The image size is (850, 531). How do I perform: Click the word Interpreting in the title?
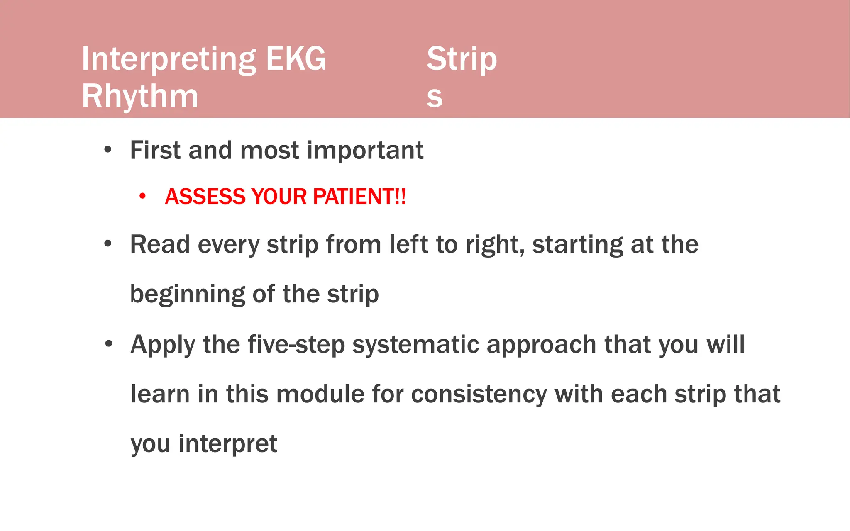coord(168,59)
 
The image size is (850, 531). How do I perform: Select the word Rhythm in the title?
coord(140,96)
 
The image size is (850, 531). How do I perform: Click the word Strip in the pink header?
coord(462,59)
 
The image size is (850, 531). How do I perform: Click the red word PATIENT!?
coord(359,197)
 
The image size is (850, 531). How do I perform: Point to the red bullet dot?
coord(142,196)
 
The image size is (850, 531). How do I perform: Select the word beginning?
coord(188,295)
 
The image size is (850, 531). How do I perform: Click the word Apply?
coord(163,345)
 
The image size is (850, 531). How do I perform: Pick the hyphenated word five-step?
coord(296,345)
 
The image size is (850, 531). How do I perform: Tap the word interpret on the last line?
coord(227,444)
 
